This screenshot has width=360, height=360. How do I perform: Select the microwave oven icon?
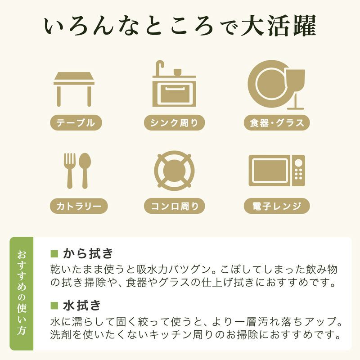coord(276,171)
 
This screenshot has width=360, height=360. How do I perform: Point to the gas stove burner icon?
coord(174,171)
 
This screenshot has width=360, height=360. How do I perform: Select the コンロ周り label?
coord(174,207)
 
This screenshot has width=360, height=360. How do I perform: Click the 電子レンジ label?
coord(277,207)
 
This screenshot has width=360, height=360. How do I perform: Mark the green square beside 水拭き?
coord(54,305)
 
